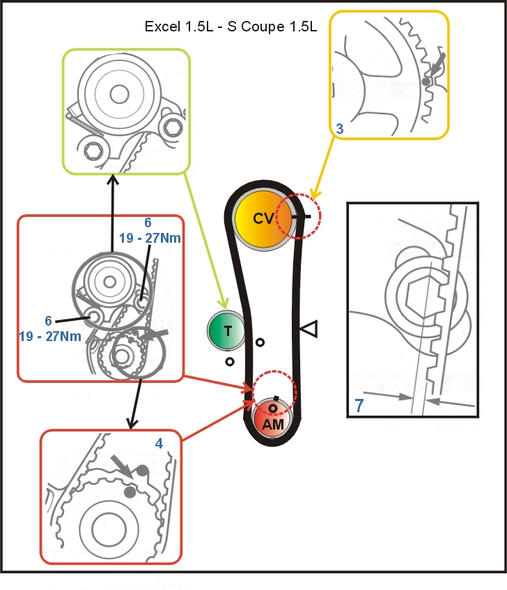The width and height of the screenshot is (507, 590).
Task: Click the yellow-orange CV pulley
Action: [x=263, y=218]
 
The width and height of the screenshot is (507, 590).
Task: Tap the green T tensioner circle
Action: [x=226, y=331]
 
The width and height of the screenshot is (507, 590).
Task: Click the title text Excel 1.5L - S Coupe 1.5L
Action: [x=231, y=27]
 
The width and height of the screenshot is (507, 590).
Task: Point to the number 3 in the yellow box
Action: [x=339, y=130]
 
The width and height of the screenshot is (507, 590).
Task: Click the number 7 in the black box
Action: [x=359, y=405]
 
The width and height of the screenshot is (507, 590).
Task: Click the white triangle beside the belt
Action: [x=308, y=326]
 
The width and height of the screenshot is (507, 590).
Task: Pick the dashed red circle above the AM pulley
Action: [x=274, y=393]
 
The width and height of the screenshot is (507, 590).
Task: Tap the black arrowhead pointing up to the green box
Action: [x=114, y=179]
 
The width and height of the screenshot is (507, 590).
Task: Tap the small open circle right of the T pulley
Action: [x=260, y=342]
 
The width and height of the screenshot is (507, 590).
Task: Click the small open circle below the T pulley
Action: [x=229, y=362]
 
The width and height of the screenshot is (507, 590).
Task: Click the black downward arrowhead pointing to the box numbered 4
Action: [x=130, y=423]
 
